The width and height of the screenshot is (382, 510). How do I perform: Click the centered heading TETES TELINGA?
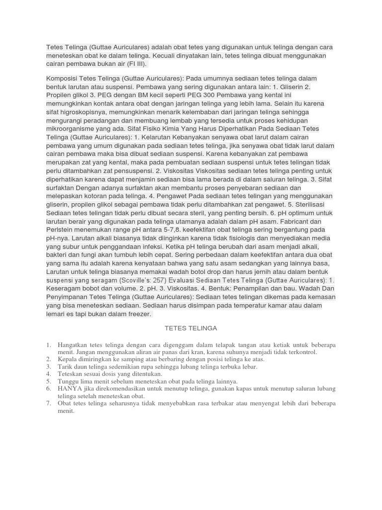(x=191, y=328)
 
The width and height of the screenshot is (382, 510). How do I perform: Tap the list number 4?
(x=49, y=374)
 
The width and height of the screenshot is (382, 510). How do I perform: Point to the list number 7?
(x=49, y=403)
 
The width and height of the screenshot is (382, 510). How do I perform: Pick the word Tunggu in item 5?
(x=69, y=381)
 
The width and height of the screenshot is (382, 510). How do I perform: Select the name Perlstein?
(x=62, y=230)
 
